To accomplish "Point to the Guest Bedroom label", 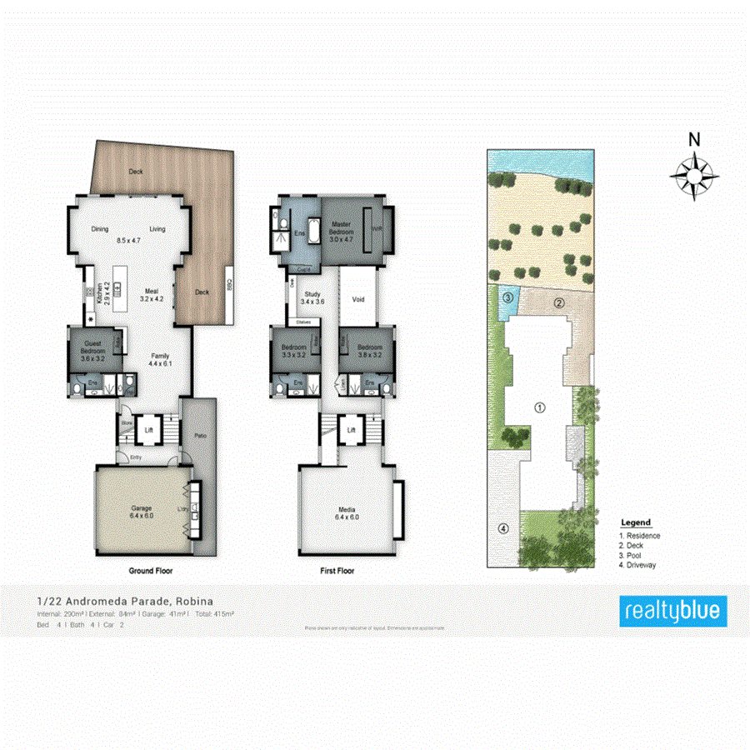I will [92, 346].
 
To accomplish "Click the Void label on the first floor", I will [358, 299].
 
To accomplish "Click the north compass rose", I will [694, 175].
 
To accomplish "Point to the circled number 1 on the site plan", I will [539, 407].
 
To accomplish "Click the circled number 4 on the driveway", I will [502, 528].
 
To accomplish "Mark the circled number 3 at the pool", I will [507, 297].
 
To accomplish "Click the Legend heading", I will [636, 522].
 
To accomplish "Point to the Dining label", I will [100, 229].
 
